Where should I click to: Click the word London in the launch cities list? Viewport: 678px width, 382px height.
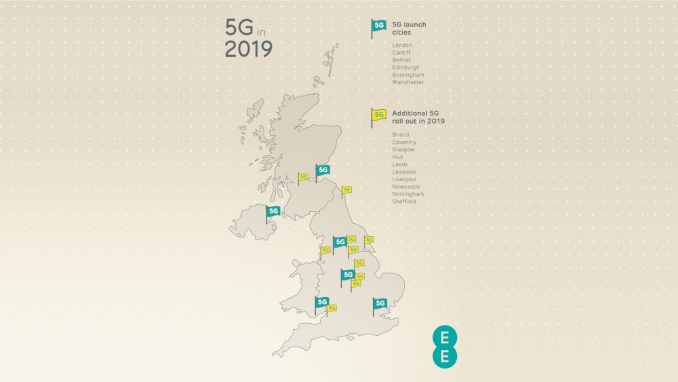point(402,45)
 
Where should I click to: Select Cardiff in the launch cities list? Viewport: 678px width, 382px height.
point(401,53)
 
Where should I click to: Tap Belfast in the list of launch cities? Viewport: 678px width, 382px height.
point(401,60)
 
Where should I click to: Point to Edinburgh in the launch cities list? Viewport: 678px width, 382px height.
point(405,68)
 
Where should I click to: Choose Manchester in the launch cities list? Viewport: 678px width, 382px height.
point(408,83)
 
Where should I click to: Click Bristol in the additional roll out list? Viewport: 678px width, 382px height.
point(401,135)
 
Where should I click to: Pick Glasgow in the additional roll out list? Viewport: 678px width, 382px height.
point(403,150)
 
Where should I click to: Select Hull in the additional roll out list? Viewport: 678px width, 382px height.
point(397,157)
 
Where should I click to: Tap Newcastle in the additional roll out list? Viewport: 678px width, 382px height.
point(406,187)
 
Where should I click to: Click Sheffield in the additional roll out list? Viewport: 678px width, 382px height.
point(404,202)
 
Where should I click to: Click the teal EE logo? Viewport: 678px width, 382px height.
point(444,347)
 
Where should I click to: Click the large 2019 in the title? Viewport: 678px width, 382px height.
point(249,50)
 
